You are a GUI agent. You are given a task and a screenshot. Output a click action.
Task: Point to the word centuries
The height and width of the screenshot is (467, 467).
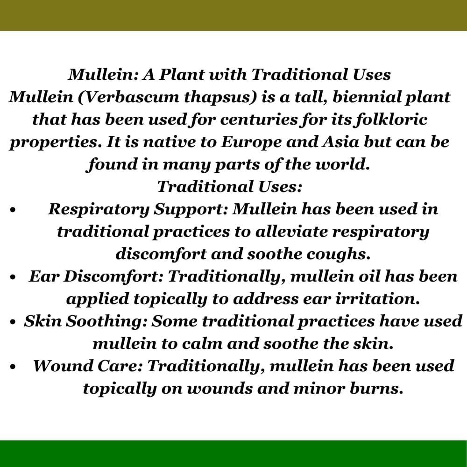coord(259,120)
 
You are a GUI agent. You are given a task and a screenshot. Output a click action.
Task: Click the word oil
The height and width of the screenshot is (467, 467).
coord(369,276)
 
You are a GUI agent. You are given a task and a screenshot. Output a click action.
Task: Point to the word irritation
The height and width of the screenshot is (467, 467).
coord(378,299)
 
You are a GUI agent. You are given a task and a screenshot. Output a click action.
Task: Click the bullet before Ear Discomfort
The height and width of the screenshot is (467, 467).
coord(13,277)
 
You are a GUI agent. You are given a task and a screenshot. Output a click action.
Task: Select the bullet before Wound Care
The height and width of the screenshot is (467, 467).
coord(13,367)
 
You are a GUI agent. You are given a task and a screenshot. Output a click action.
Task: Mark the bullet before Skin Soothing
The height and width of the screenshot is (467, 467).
coord(13,322)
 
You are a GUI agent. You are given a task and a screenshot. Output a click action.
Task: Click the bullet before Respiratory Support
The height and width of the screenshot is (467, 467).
coord(13,210)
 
